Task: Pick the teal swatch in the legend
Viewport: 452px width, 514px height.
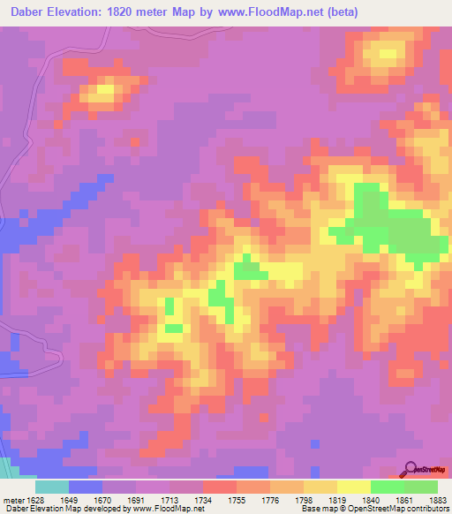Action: (52, 487)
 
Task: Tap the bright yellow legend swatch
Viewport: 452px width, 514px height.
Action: (353, 487)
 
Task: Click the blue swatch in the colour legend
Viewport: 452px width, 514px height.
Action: (86, 487)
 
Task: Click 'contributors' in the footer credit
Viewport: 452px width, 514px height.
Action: (426, 509)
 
